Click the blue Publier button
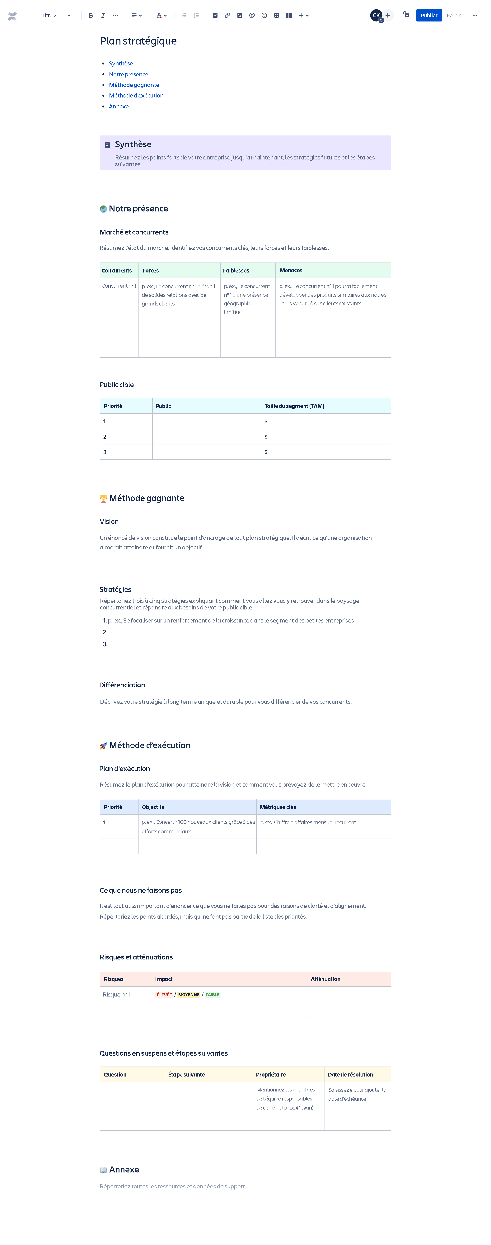429,16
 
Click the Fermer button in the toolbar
455,16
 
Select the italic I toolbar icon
103,16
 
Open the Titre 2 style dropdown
56,16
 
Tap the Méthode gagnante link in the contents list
134,85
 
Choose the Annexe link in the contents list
118,106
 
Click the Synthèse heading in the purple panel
133,144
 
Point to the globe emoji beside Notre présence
103,209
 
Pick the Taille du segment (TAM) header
294,406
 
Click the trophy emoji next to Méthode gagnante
103,499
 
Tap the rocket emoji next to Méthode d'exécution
103,746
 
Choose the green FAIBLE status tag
212,995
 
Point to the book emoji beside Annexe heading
103,1170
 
